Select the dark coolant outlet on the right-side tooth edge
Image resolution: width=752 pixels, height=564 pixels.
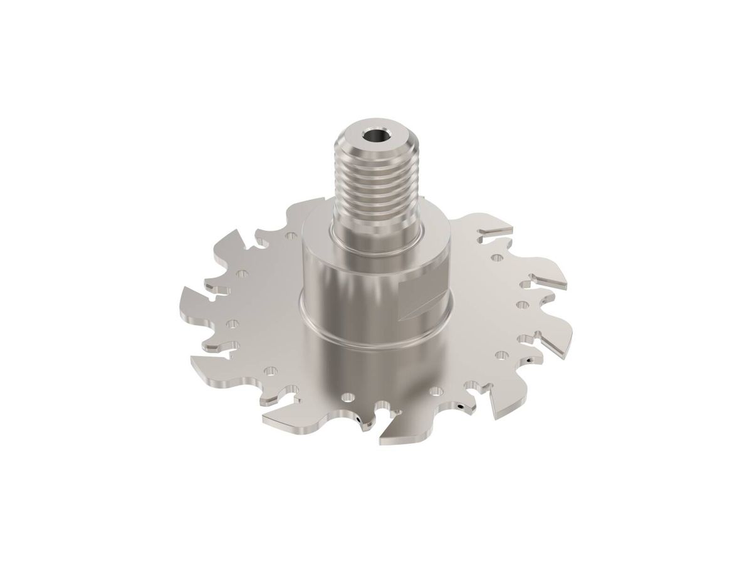click(x=533, y=362)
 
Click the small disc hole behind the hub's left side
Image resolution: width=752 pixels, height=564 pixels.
click(x=291, y=237)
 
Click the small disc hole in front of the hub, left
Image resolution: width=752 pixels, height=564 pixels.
click(x=345, y=397)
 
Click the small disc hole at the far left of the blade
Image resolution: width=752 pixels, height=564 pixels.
click(x=233, y=325)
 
